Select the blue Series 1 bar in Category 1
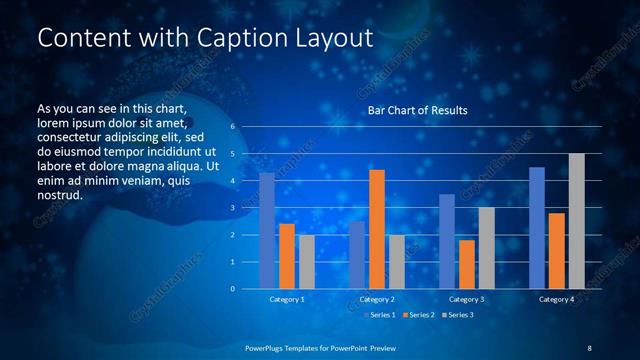tap(267, 231)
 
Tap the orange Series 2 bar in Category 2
tap(377, 229)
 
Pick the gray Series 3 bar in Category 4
tap(576, 221)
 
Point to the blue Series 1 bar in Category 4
tap(537, 228)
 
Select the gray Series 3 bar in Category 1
tap(307, 262)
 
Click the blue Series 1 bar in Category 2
tap(357, 255)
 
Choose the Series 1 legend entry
tap(379, 315)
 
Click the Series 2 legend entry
tap(418, 315)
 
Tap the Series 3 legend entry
tap(457, 315)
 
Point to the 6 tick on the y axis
tap(232, 127)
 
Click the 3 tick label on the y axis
tap(232, 208)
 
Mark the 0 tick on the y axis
tap(232, 289)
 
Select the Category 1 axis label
tap(287, 299)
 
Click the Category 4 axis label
tap(557, 299)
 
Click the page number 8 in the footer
tap(589, 347)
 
